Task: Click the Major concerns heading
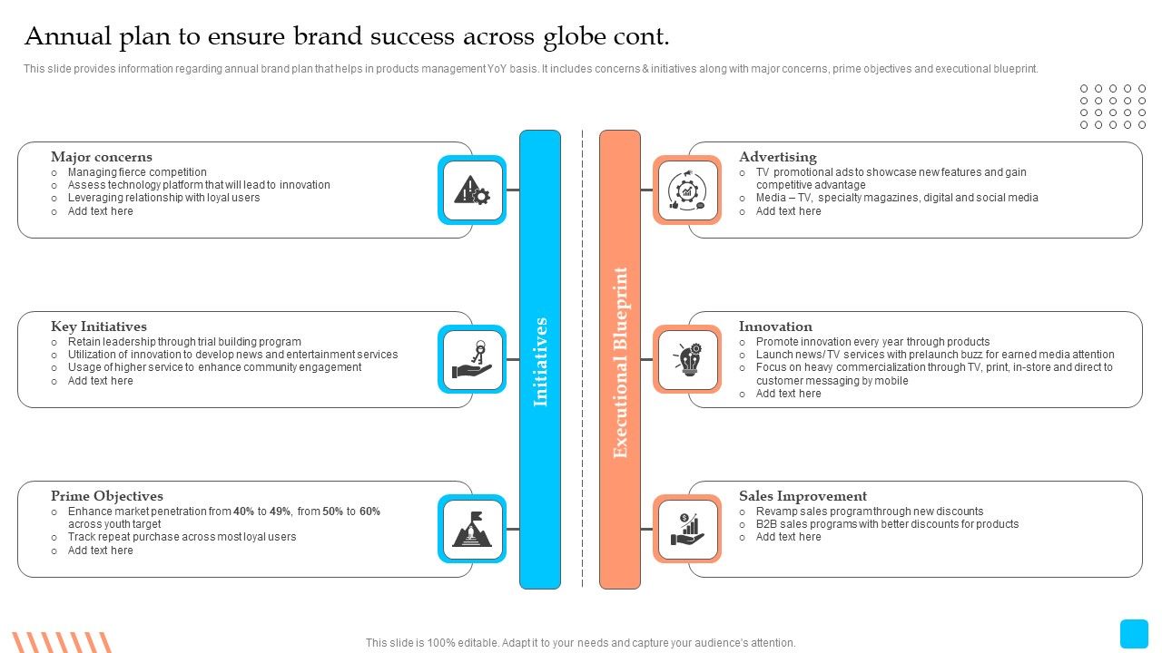click(x=102, y=157)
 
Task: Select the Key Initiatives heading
click(x=99, y=326)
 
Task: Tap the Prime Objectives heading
click(x=107, y=496)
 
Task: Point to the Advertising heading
click(x=778, y=157)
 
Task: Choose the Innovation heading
click(x=775, y=326)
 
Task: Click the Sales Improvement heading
click(x=803, y=496)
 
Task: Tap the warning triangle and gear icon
click(x=472, y=190)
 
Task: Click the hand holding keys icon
click(x=472, y=360)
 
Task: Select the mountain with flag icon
click(x=472, y=529)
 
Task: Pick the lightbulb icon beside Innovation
click(x=688, y=359)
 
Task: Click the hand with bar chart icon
click(x=687, y=529)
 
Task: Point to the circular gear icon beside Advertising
click(x=687, y=190)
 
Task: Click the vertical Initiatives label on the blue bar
click(x=540, y=362)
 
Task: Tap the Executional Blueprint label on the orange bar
click(x=620, y=363)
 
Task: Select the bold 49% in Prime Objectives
click(x=281, y=512)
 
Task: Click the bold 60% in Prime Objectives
click(x=369, y=512)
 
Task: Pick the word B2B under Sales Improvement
click(x=766, y=524)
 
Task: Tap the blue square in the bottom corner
click(x=1134, y=633)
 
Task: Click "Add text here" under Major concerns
click(x=100, y=211)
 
